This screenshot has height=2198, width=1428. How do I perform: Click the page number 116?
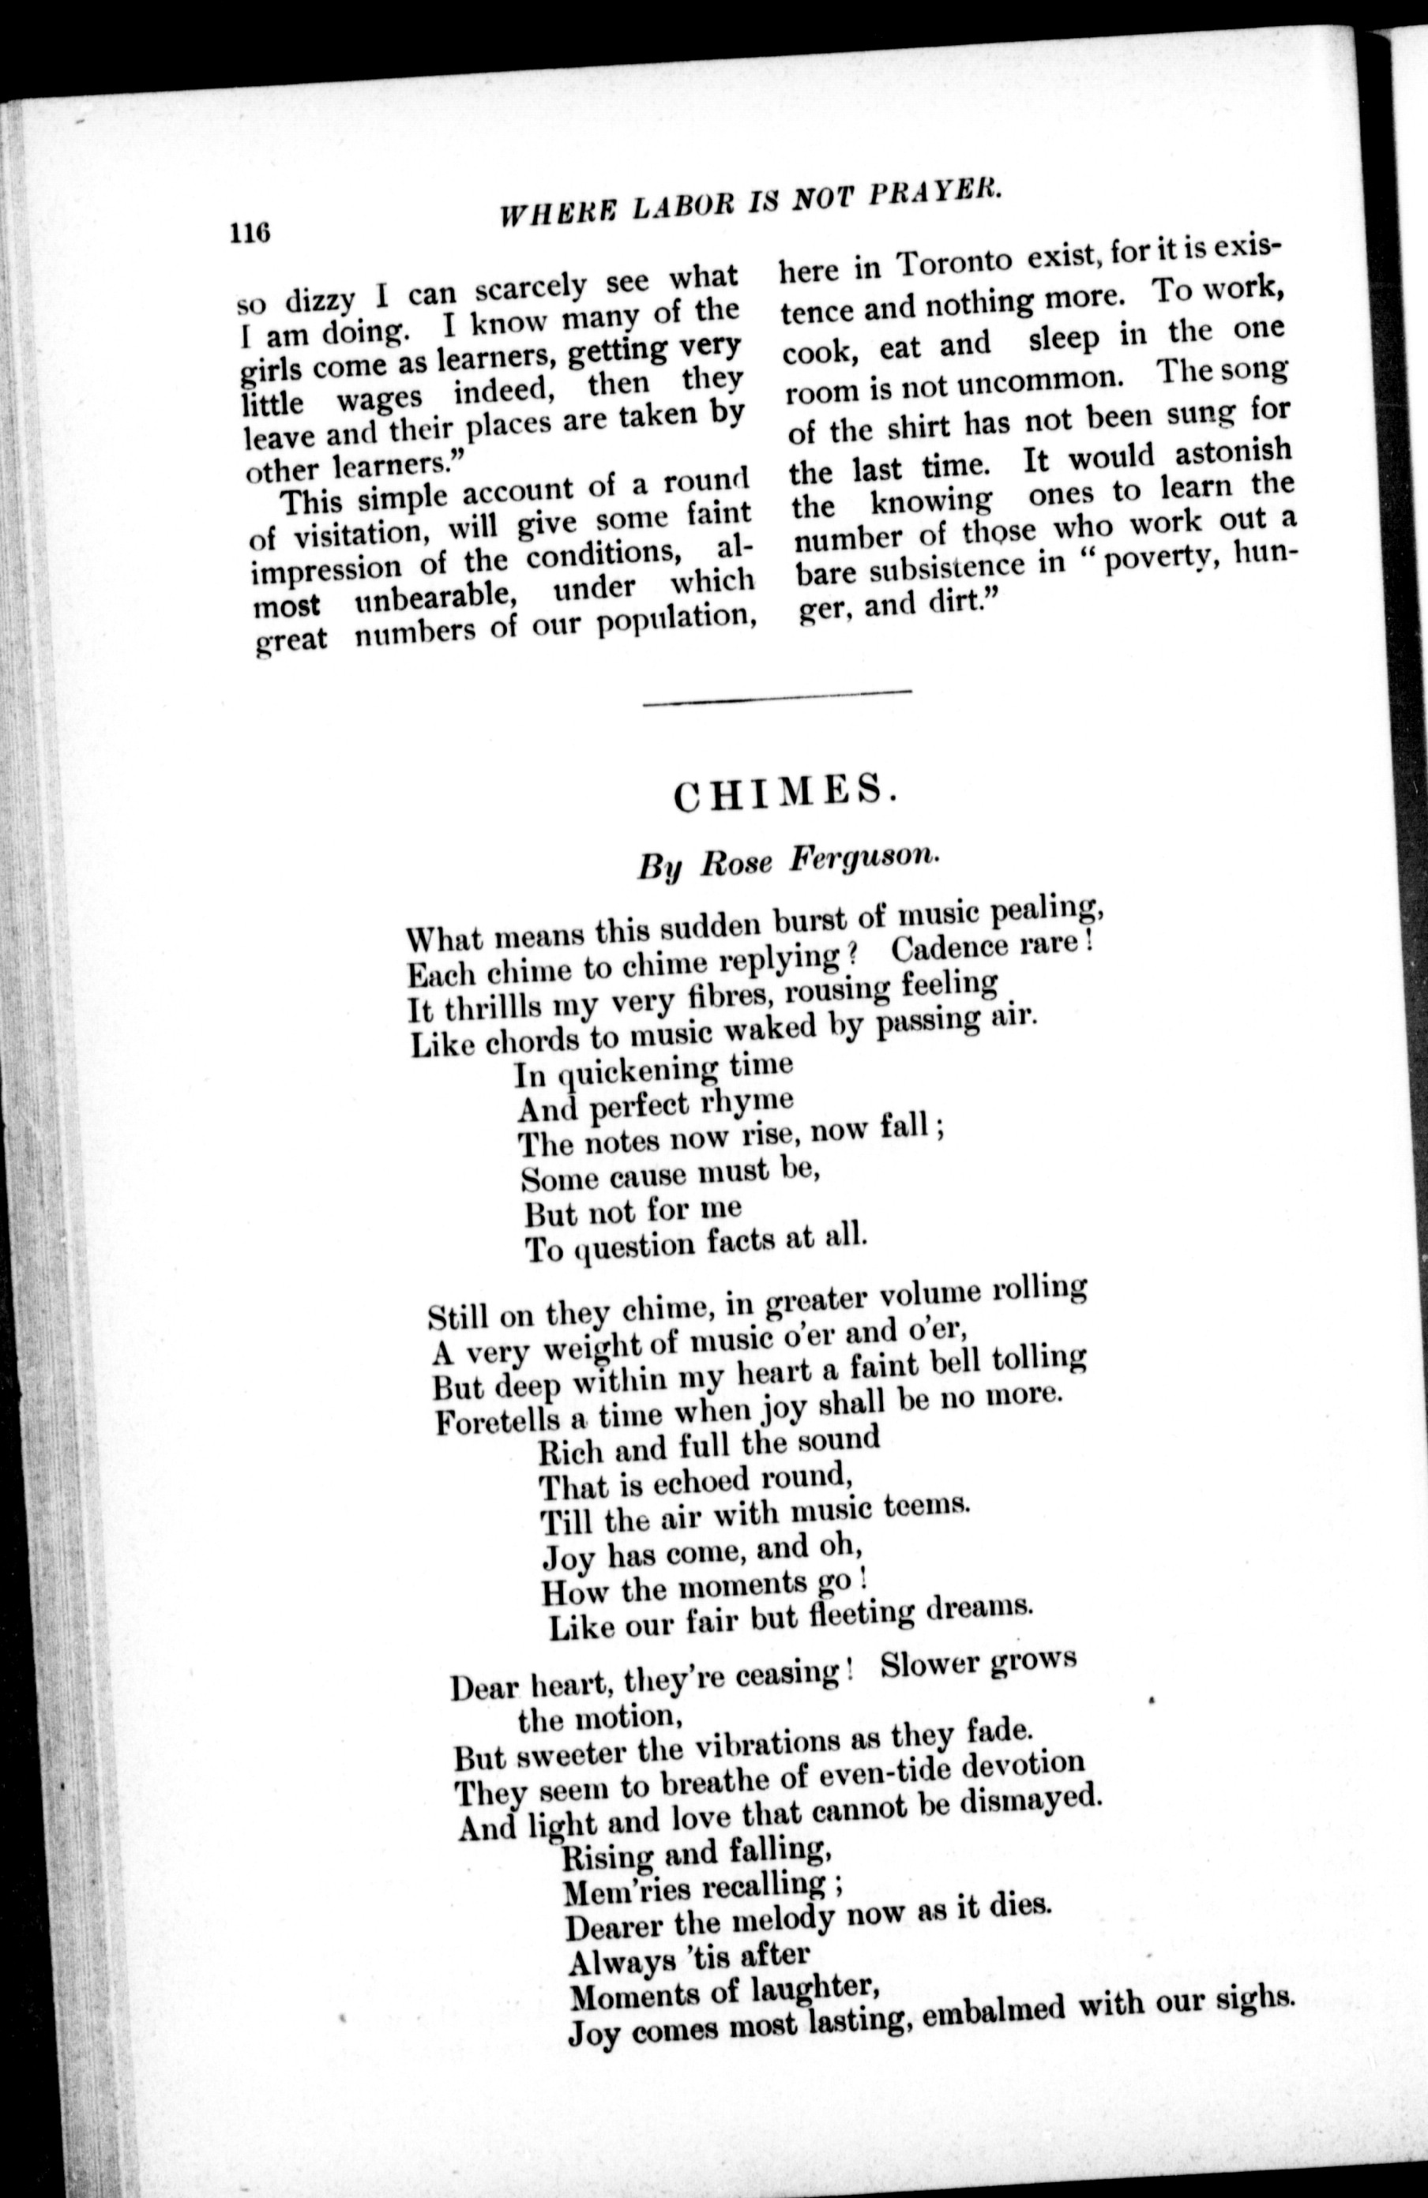point(250,232)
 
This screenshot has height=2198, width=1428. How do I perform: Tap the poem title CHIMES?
point(784,793)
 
